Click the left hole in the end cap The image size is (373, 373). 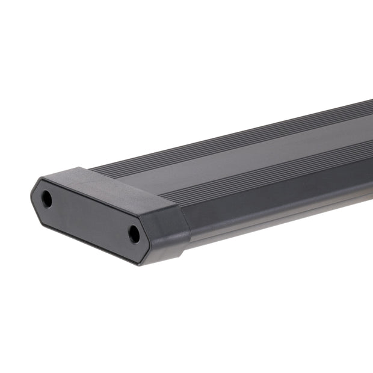pyautogui.click(x=47, y=199)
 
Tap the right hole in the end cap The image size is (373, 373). pyautogui.click(x=134, y=234)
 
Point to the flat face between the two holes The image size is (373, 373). pyautogui.click(x=90, y=217)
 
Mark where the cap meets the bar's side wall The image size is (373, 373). pyautogui.click(x=187, y=223)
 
